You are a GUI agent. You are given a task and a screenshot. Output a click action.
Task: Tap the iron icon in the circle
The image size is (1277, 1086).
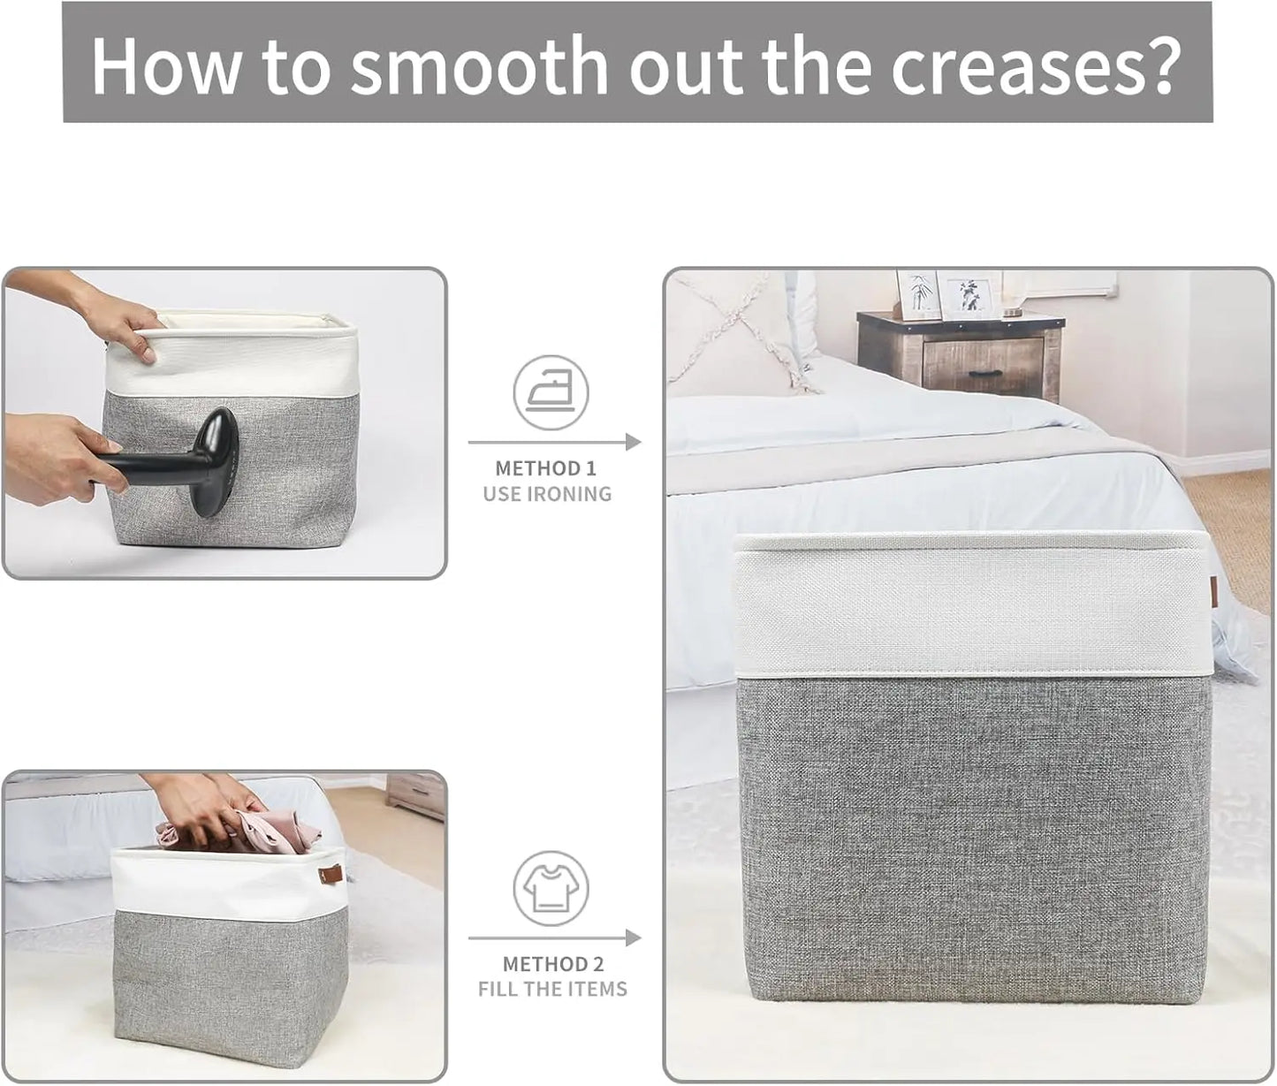coord(551,391)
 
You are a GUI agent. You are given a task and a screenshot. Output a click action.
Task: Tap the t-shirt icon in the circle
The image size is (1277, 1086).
coord(551,889)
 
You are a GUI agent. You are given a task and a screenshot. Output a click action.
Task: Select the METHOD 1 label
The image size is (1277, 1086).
coord(551,468)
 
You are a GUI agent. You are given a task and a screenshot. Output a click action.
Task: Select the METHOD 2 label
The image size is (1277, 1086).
coord(552,963)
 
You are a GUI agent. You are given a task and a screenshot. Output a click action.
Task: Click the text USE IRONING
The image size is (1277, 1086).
coord(547,494)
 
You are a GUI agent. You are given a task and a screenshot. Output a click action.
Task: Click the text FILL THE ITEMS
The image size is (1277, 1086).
coord(552,988)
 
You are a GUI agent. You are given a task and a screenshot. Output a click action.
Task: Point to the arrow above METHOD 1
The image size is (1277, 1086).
coord(554,442)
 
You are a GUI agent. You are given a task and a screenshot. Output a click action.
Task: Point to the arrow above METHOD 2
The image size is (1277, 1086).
coord(554,938)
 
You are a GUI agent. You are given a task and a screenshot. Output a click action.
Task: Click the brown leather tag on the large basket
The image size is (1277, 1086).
coord(1215,594)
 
